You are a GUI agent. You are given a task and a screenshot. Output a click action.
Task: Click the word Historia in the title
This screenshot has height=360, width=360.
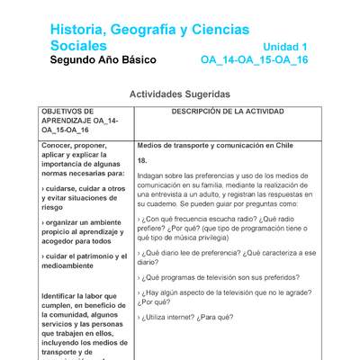(78, 30)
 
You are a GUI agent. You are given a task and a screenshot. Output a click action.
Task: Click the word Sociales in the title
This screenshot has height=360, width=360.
(78, 45)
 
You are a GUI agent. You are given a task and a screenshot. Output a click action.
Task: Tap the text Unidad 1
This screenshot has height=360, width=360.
(285, 46)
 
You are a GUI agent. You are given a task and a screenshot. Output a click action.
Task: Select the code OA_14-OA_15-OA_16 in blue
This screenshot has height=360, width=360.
(254, 60)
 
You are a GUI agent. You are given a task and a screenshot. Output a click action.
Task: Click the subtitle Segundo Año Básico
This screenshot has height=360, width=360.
(103, 60)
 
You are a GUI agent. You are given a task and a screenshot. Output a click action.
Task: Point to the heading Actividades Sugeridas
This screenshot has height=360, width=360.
(180, 94)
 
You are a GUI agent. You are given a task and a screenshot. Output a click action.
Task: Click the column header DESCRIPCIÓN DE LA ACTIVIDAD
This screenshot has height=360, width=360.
(227, 112)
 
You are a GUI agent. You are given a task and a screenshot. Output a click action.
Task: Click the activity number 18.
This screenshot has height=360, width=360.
(142, 160)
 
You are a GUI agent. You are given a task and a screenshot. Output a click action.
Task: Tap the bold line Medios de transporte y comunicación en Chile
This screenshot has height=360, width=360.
(215, 145)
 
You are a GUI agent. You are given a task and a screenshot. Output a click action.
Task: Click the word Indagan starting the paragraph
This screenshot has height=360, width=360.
(151, 175)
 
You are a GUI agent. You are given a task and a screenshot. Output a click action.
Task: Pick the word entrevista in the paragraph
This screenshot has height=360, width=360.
(163, 193)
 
